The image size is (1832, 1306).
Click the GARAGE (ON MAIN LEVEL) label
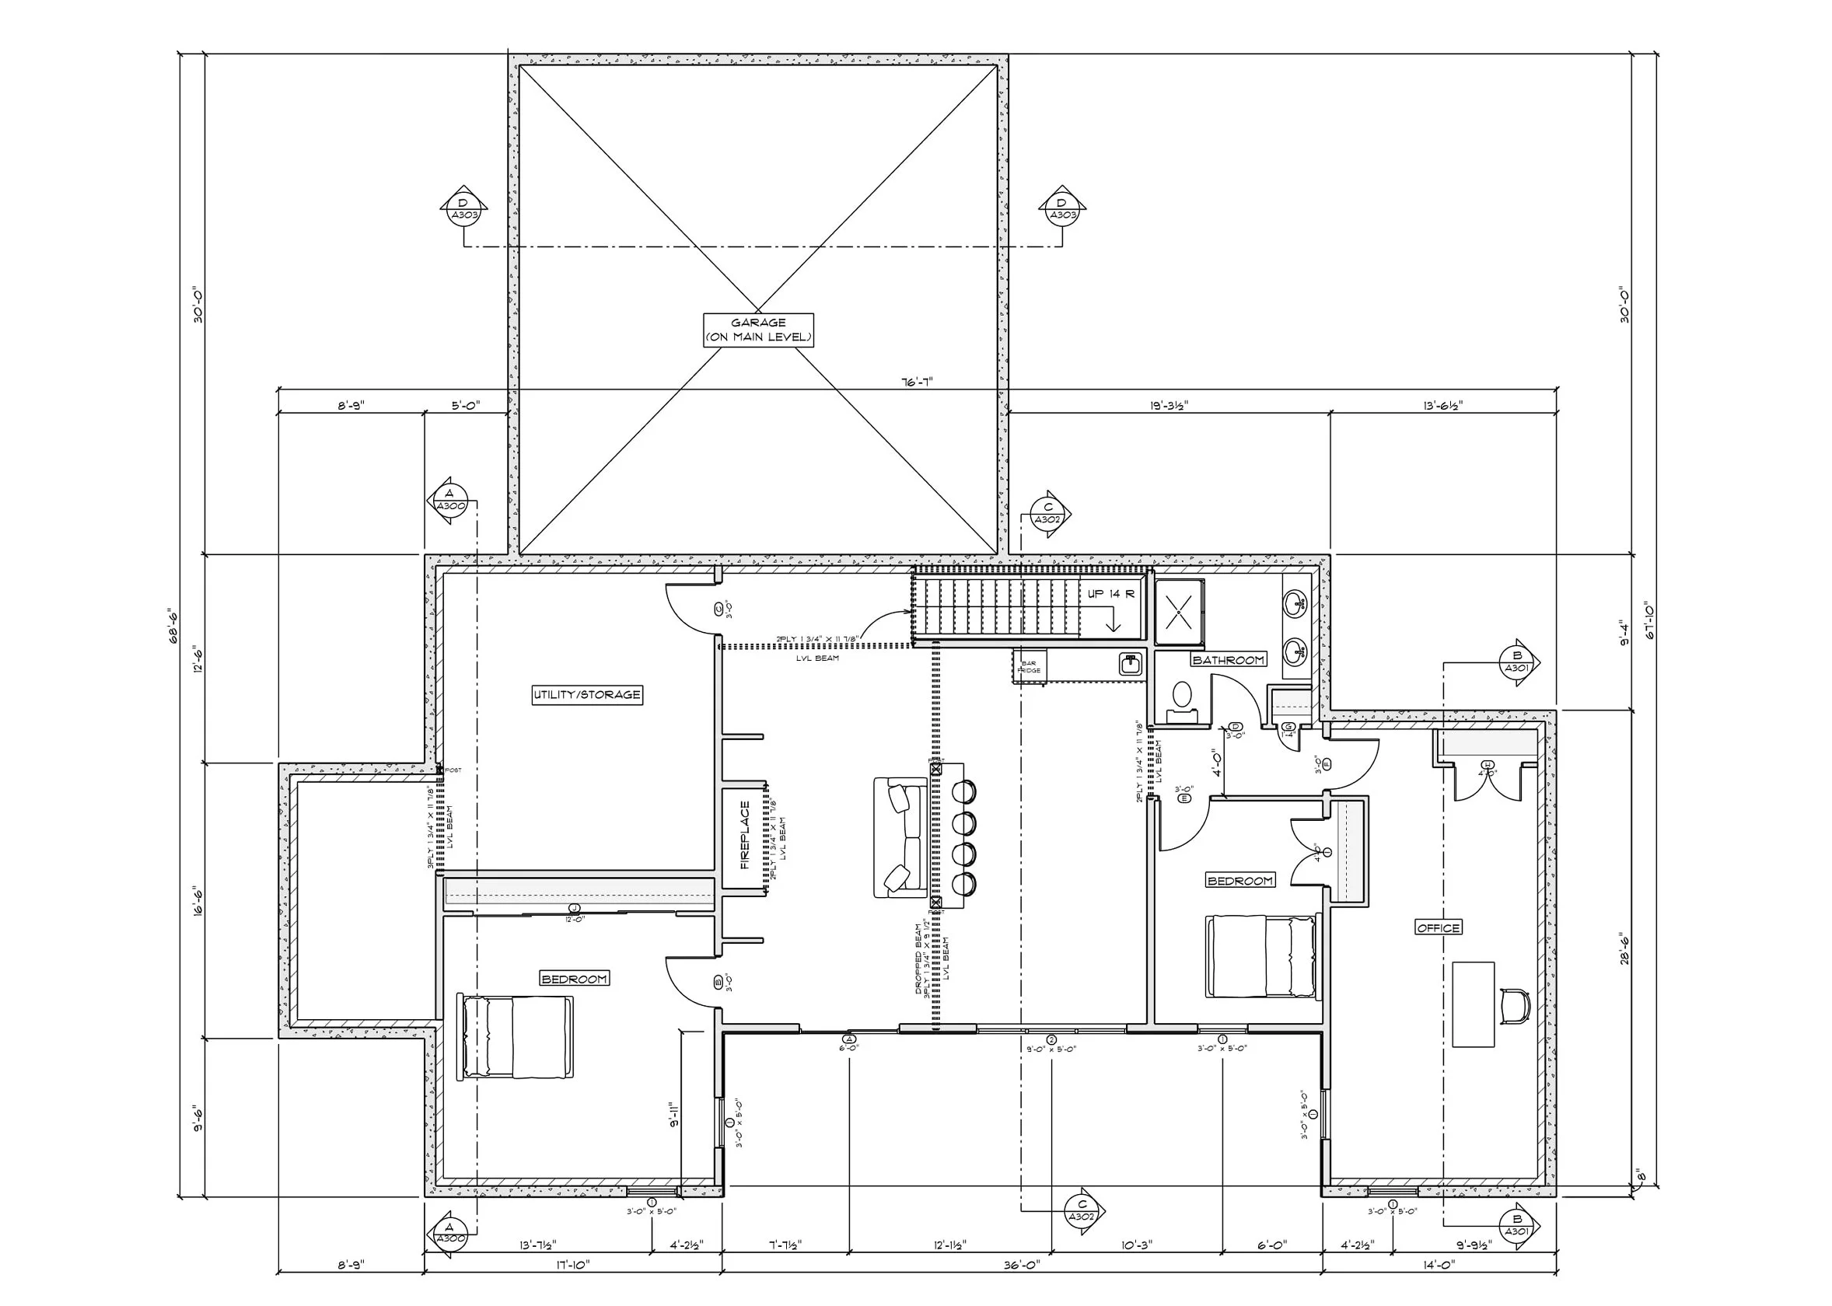coord(757,330)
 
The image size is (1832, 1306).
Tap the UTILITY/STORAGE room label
coord(587,695)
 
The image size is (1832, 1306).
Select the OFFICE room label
coord(1438,927)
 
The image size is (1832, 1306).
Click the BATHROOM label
coord(1228,659)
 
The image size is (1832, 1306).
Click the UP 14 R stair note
coord(1110,593)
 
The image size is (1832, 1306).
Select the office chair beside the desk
coord(1514,1006)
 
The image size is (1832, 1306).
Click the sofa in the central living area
coord(900,837)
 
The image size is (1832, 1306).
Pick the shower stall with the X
coord(1179,612)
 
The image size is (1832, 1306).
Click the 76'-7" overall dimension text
coord(917,382)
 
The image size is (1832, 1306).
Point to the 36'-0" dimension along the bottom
coord(1021,1265)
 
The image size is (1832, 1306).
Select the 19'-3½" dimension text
coord(1169,406)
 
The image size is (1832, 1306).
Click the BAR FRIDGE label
coord(1029,667)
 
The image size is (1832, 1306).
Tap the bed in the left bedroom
coord(515,1036)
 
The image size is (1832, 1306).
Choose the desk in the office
coord(1474,1004)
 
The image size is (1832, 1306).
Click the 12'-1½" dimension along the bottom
coord(949,1245)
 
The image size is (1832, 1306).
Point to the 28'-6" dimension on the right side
coord(1624,949)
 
